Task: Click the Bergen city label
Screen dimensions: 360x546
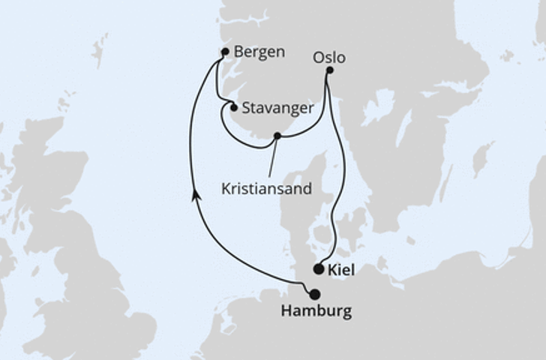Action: (259, 52)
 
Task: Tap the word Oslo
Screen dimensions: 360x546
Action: (331, 58)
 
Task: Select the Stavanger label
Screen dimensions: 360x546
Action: (278, 108)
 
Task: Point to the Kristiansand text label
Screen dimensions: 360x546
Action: (266, 189)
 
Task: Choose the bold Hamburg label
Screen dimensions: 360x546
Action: (316, 310)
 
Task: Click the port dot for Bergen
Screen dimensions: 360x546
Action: (225, 52)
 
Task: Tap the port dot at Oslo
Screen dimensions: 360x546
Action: (329, 70)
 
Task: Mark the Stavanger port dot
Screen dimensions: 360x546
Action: (234, 108)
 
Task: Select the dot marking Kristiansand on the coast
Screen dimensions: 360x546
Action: (277, 136)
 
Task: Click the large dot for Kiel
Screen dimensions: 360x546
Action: (319, 268)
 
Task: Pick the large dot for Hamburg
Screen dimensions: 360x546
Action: (314, 294)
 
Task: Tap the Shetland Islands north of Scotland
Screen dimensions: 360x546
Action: (98, 49)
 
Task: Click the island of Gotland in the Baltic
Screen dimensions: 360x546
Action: (482, 159)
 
